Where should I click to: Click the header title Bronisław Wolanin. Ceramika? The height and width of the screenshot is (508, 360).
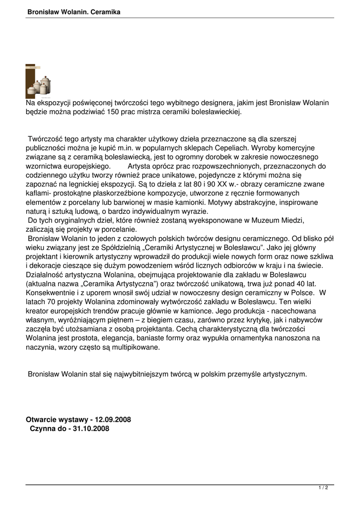74,11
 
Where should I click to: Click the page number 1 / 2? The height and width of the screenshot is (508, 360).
323,488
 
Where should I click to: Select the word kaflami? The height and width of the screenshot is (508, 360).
39,192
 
